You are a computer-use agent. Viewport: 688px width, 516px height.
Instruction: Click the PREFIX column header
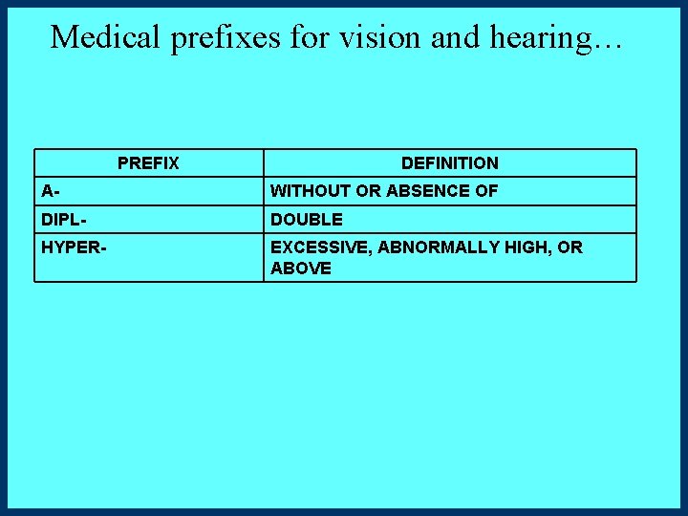[x=148, y=163]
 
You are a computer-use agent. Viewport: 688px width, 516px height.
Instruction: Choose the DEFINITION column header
[x=449, y=163]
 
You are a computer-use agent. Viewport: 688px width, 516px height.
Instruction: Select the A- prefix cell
[x=49, y=191]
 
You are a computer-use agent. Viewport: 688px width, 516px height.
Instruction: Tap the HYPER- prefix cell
[x=74, y=247]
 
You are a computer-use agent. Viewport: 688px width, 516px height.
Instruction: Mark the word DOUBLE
[x=307, y=220]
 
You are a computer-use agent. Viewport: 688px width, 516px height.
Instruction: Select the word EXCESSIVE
[x=320, y=247]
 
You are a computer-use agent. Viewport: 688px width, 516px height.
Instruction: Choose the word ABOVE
[x=301, y=269]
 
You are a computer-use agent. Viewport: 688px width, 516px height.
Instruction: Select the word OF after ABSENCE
[x=487, y=191]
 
